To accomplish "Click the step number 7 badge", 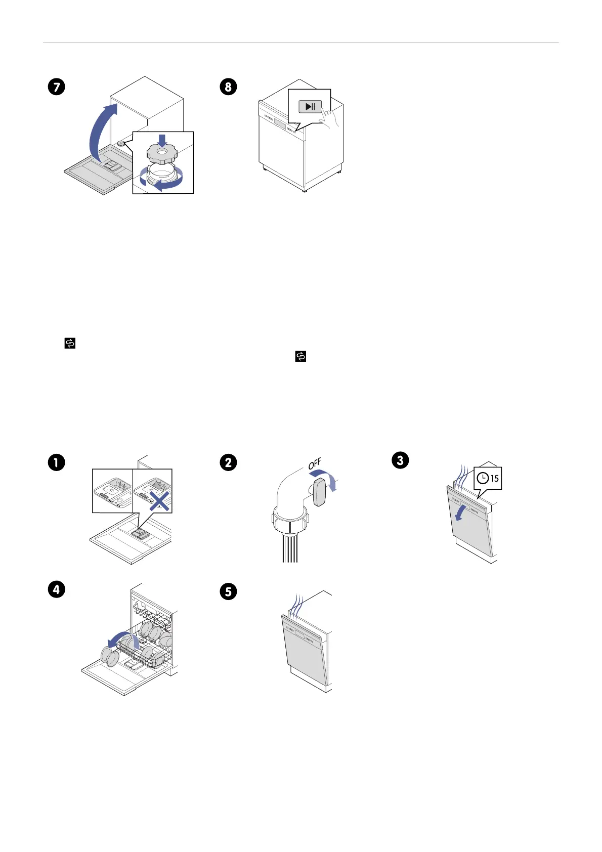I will [57, 87].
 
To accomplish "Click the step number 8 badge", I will [228, 87].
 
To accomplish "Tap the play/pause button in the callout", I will [310, 107].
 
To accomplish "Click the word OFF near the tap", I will [315, 463].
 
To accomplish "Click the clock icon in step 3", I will [483, 478].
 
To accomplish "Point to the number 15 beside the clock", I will [494, 478].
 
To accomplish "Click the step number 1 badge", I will [57, 462].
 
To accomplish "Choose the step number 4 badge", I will [57, 589].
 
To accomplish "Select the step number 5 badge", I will [228, 591].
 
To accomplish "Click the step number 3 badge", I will [400, 460].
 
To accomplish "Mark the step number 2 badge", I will [228, 462].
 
